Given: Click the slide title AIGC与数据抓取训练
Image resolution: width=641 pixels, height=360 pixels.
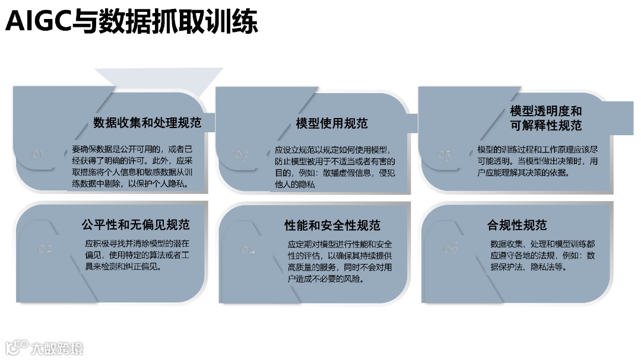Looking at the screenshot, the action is click(x=131, y=23).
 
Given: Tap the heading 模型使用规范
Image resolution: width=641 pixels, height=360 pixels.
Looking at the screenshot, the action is click(x=332, y=123).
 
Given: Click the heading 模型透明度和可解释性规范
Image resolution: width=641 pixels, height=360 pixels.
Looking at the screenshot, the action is click(x=546, y=118).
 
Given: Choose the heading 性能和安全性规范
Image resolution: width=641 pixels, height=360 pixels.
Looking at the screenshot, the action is click(x=332, y=225).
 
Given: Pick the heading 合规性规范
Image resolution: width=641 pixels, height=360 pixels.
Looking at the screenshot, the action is click(x=517, y=225).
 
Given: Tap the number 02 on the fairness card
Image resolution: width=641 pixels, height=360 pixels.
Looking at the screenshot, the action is click(x=45, y=249).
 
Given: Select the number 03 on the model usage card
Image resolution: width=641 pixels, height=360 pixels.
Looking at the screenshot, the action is click(x=241, y=155).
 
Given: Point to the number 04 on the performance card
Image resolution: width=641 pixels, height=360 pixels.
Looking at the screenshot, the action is click(x=247, y=250).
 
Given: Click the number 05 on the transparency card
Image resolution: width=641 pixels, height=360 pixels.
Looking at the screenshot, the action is click(x=444, y=154).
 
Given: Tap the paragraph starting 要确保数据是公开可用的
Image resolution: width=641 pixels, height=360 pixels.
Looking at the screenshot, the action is click(x=133, y=166).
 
